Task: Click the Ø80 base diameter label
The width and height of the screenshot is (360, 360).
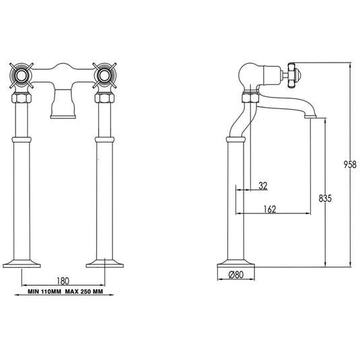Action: pos(236,275)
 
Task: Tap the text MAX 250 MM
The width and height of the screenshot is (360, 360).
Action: pos(85,293)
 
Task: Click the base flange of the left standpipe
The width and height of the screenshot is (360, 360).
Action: pos(23,262)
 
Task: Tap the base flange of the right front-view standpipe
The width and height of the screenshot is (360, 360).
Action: pos(105,262)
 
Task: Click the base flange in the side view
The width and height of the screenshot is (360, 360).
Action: pos(236,262)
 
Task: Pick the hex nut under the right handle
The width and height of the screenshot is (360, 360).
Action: pos(105,98)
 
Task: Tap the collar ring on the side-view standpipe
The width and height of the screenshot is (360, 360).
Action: pos(236,140)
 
